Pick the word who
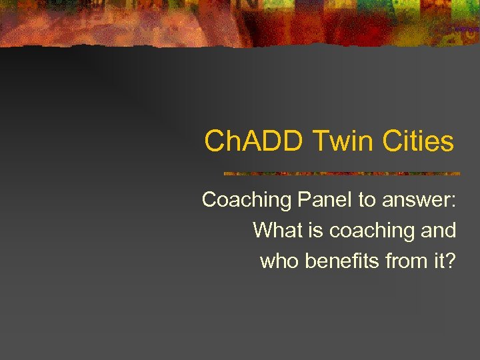(279, 261)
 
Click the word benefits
(343, 261)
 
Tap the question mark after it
(451, 261)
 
